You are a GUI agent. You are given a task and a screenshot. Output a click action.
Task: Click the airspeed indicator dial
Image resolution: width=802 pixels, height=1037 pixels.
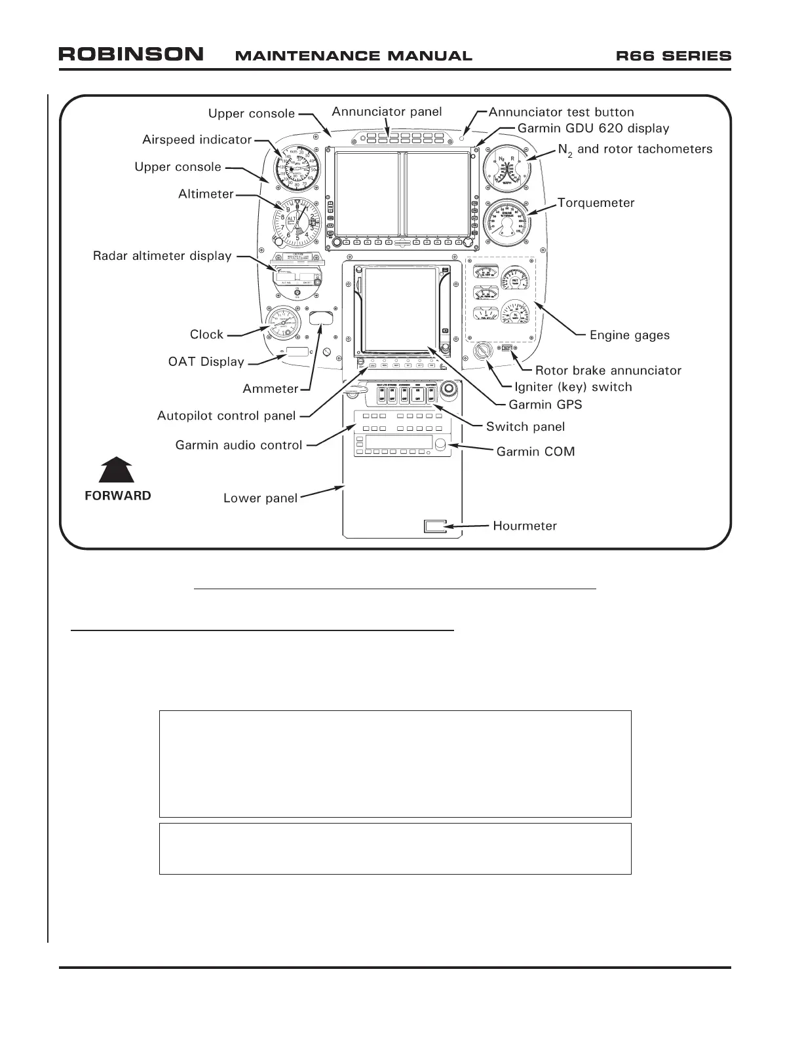coord(297,169)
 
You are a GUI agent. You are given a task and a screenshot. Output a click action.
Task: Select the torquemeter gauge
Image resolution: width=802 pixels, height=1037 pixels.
coord(507,223)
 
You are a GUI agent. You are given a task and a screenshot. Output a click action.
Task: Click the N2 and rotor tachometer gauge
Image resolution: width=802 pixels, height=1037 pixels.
coord(506,168)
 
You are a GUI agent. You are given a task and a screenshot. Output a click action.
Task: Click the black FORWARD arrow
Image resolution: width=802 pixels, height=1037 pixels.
coord(117,470)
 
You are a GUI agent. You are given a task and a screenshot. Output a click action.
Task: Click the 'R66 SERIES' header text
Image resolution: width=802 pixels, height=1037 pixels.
coord(674,56)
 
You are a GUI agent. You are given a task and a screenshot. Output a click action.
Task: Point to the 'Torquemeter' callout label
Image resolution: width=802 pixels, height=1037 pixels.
coord(596,203)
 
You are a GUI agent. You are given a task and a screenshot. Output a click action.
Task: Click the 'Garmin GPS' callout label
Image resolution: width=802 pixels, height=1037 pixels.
coord(545,405)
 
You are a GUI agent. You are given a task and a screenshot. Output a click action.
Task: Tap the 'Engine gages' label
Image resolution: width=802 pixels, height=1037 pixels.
coord(629,335)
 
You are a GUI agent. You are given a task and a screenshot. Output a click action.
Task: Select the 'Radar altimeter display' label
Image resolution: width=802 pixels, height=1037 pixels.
coord(162,256)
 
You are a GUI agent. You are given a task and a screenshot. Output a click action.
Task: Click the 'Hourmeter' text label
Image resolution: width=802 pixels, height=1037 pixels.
coord(525,526)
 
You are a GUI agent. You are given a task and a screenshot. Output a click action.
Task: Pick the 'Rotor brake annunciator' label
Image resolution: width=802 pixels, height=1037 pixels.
coord(608,371)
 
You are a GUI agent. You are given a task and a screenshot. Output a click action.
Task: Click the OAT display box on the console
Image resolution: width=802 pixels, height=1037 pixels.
coord(297,352)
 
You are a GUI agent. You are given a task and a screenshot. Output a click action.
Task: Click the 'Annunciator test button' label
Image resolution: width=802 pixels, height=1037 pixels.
coord(561,112)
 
